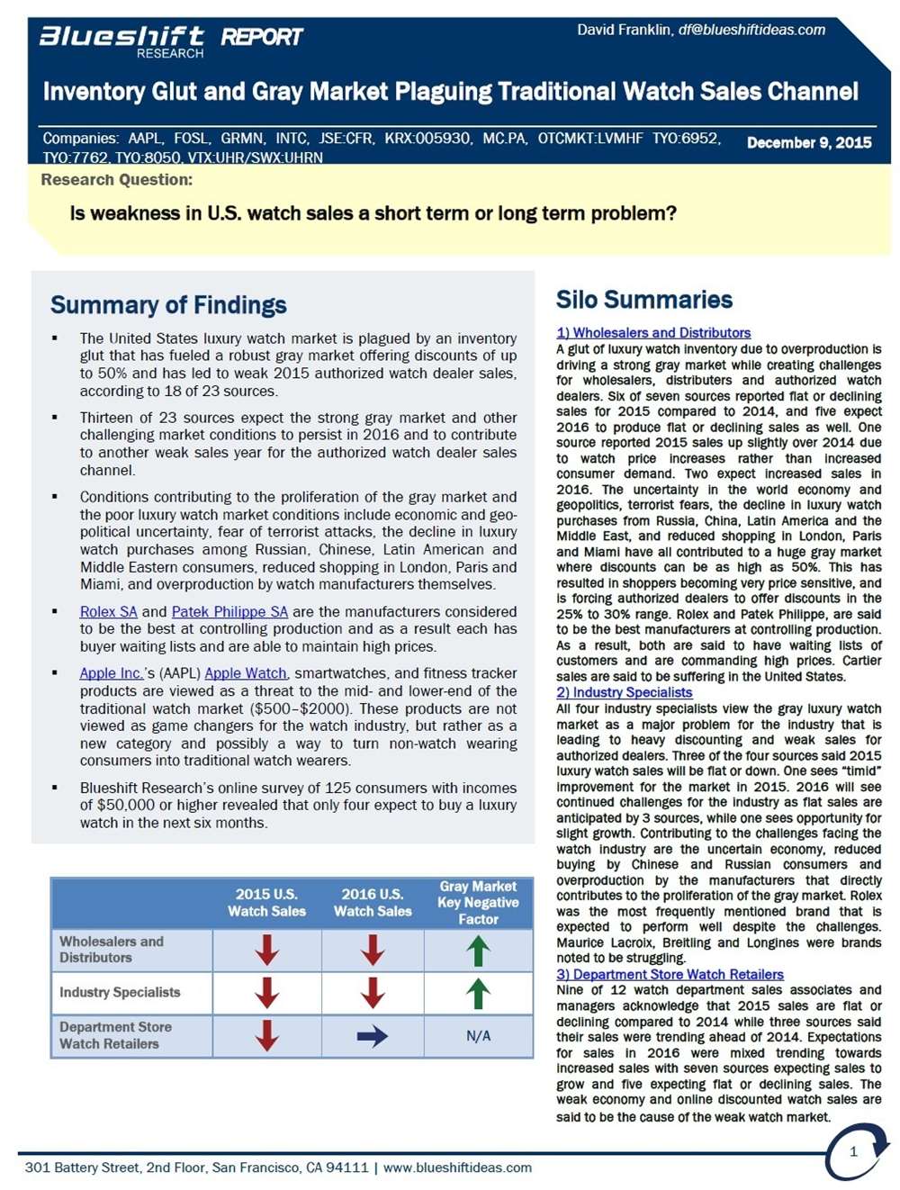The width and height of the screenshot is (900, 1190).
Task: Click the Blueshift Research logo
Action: click(x=121, y=41)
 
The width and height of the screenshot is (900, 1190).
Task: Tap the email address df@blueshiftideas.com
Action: click(x=751, y=30)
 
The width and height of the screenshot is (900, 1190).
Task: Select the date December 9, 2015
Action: click(x=809, y=142)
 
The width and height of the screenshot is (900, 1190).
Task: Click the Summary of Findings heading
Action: click(x=168, y=305)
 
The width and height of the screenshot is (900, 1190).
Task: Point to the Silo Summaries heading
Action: click(x=643, y=300)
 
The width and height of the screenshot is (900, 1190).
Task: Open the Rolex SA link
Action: click(x=108, y=612)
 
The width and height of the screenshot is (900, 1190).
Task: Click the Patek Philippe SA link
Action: click(x=229, y=612)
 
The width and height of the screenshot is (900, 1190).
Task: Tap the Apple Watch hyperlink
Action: click(x=246, y=673)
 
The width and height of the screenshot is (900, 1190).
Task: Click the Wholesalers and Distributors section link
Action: click(x=653, y=333)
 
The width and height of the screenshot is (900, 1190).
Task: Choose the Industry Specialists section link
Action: click(x=625, y=692)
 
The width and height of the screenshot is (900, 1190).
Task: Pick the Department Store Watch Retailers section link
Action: click(x=670, y=974)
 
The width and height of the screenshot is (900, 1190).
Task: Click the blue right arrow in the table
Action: click(x=372, y=1036)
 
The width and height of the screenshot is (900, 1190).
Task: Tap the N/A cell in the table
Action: click(x=478, y=1036)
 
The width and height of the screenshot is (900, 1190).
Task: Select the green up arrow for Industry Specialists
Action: click(x=478, y=993)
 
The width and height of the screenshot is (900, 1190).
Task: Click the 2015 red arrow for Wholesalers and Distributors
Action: click(x=266, y=950)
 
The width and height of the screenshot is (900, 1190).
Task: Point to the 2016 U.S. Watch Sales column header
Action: click(x=373, y=902)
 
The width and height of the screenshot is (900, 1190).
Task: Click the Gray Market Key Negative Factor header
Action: click(x=478, y=902)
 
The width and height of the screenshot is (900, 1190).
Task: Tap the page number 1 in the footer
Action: click(x=853, y=1151)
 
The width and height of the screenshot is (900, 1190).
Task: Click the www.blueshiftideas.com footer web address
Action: click(x=457, y=1167)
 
